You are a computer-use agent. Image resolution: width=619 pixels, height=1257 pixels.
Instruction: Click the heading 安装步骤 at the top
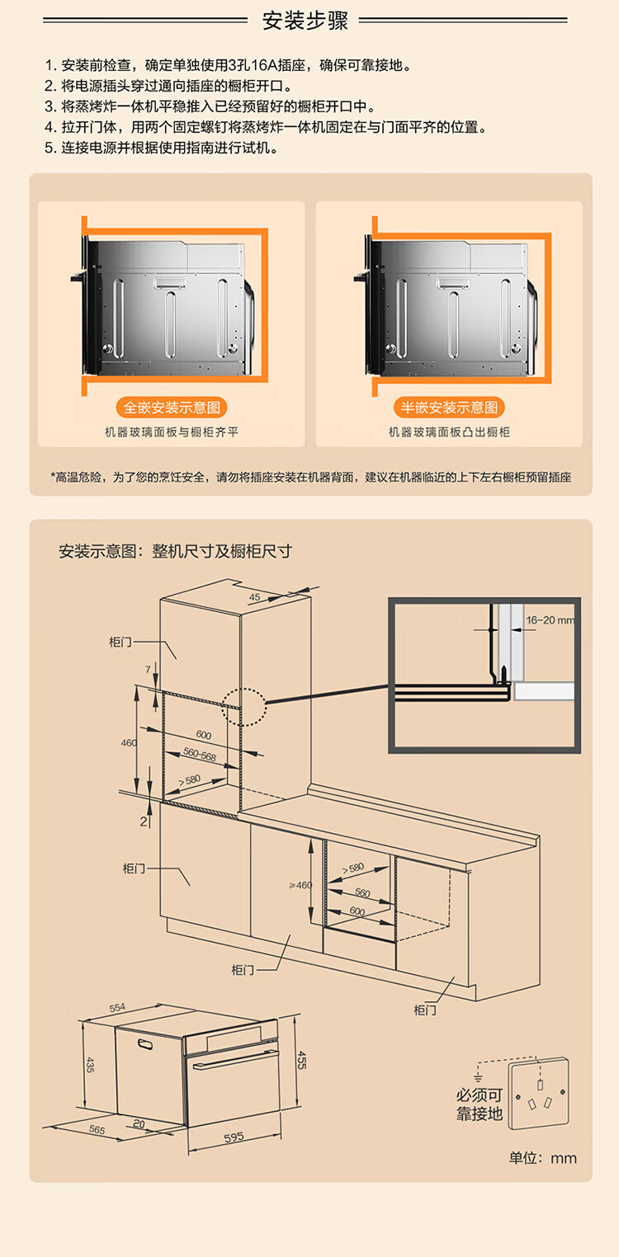[x=305, y=21]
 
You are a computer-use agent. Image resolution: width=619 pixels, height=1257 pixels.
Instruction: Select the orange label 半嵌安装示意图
[x=450, y=407]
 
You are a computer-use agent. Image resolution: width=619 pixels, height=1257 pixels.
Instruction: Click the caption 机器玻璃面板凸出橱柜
[x=450, y=431]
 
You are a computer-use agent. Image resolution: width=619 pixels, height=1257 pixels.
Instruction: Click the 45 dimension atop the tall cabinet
[x=254, y=596]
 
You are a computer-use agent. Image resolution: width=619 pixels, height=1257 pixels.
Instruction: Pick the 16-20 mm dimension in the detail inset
[x=549, y=619]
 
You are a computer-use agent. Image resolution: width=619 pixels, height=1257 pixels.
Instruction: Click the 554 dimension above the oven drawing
[x=117, y=1008]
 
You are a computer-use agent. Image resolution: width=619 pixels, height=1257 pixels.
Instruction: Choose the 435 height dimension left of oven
[x=90, y=1066]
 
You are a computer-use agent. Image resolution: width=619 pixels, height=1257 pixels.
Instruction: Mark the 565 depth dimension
[x=97, y=1130]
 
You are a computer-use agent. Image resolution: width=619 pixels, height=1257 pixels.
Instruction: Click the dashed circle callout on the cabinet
[x=244, y=708]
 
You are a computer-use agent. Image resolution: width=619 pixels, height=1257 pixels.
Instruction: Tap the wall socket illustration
[x=537, y=1094]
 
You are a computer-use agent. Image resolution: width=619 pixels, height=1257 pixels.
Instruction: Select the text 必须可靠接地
[x=480, y=1104]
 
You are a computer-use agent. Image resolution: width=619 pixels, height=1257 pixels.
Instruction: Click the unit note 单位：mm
[x=542, y=1158]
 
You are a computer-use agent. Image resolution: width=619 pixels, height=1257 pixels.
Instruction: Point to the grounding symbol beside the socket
[x=477, y=1077]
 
